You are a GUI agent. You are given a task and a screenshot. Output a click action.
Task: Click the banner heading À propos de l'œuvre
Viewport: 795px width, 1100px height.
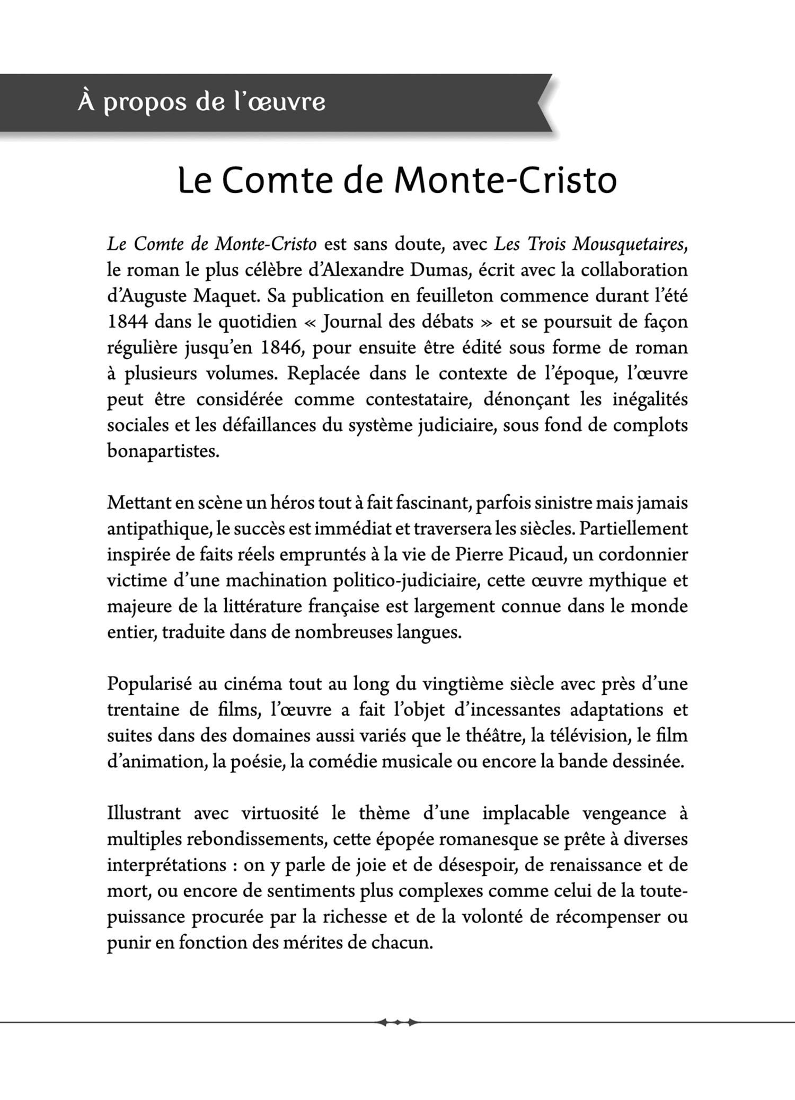201,102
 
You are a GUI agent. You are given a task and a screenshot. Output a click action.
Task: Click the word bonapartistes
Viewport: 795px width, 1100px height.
163,452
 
